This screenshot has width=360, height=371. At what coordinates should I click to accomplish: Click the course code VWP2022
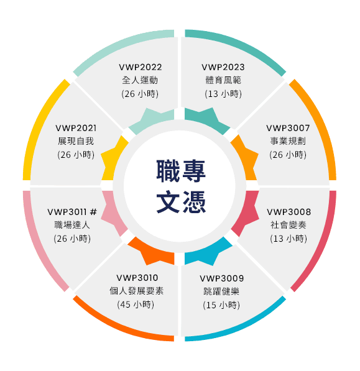[141, 67]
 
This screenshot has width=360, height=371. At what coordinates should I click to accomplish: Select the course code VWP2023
[223, 67]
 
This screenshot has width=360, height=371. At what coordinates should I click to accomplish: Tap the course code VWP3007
[288, 128]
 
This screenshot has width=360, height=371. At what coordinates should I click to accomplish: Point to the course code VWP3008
[288, 212]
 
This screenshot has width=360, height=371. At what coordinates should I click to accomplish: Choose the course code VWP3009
[222, 278]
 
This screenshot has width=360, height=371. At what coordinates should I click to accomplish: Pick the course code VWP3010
[137, 277]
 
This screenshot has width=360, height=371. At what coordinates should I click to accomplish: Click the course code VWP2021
[76, 128]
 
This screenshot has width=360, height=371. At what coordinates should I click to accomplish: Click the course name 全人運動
[141, 80]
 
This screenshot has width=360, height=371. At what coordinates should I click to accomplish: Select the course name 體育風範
[223, 80]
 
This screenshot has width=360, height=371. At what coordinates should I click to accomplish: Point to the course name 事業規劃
[288, 141]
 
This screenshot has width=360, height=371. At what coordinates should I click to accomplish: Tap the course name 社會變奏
[288, 225]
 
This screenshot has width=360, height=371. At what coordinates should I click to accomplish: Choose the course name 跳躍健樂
[222, 291]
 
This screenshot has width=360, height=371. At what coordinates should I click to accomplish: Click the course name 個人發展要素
[137, 291]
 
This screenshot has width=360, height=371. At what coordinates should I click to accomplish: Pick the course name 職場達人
[72, 225]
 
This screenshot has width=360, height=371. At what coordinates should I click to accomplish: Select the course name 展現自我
[76, 141]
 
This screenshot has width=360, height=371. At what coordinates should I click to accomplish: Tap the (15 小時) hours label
[221, 305]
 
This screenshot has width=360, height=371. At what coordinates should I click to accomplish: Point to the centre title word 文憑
[180, 202]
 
